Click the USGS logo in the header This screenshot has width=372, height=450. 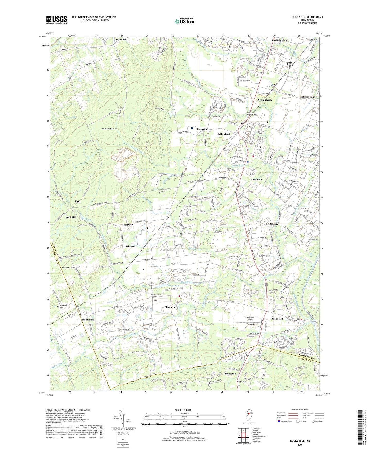[x=57, y=20]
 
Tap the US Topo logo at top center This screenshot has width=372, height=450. [x=185, y=21]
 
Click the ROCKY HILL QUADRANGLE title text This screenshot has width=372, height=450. [x=307, y=17]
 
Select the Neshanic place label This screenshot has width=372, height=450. [x=121, y=40]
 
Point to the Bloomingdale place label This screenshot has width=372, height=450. [x=280, y=41]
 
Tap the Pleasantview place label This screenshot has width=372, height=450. [x=264, y=100]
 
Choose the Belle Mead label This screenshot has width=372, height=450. [x=223, y=134]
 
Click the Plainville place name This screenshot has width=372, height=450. [x=202, y=129]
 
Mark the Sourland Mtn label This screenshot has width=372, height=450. [x=108, y=128]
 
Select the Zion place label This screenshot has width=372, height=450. [x=77, y=201]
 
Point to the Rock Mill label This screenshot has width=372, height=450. [x=71, y=217]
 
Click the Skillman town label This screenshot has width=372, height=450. [x=130, y=246]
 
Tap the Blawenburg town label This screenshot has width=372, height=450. [x=171, y=307]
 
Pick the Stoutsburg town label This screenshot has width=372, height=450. [x=88, y=320]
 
